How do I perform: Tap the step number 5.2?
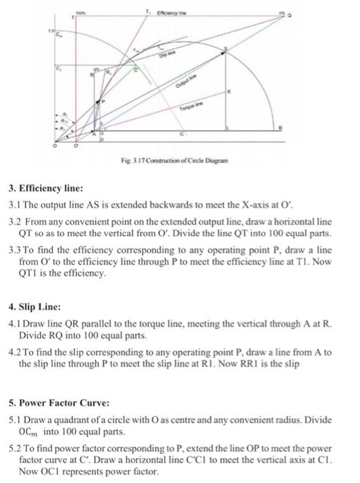(15, 448)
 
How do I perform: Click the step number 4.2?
(15, 353)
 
